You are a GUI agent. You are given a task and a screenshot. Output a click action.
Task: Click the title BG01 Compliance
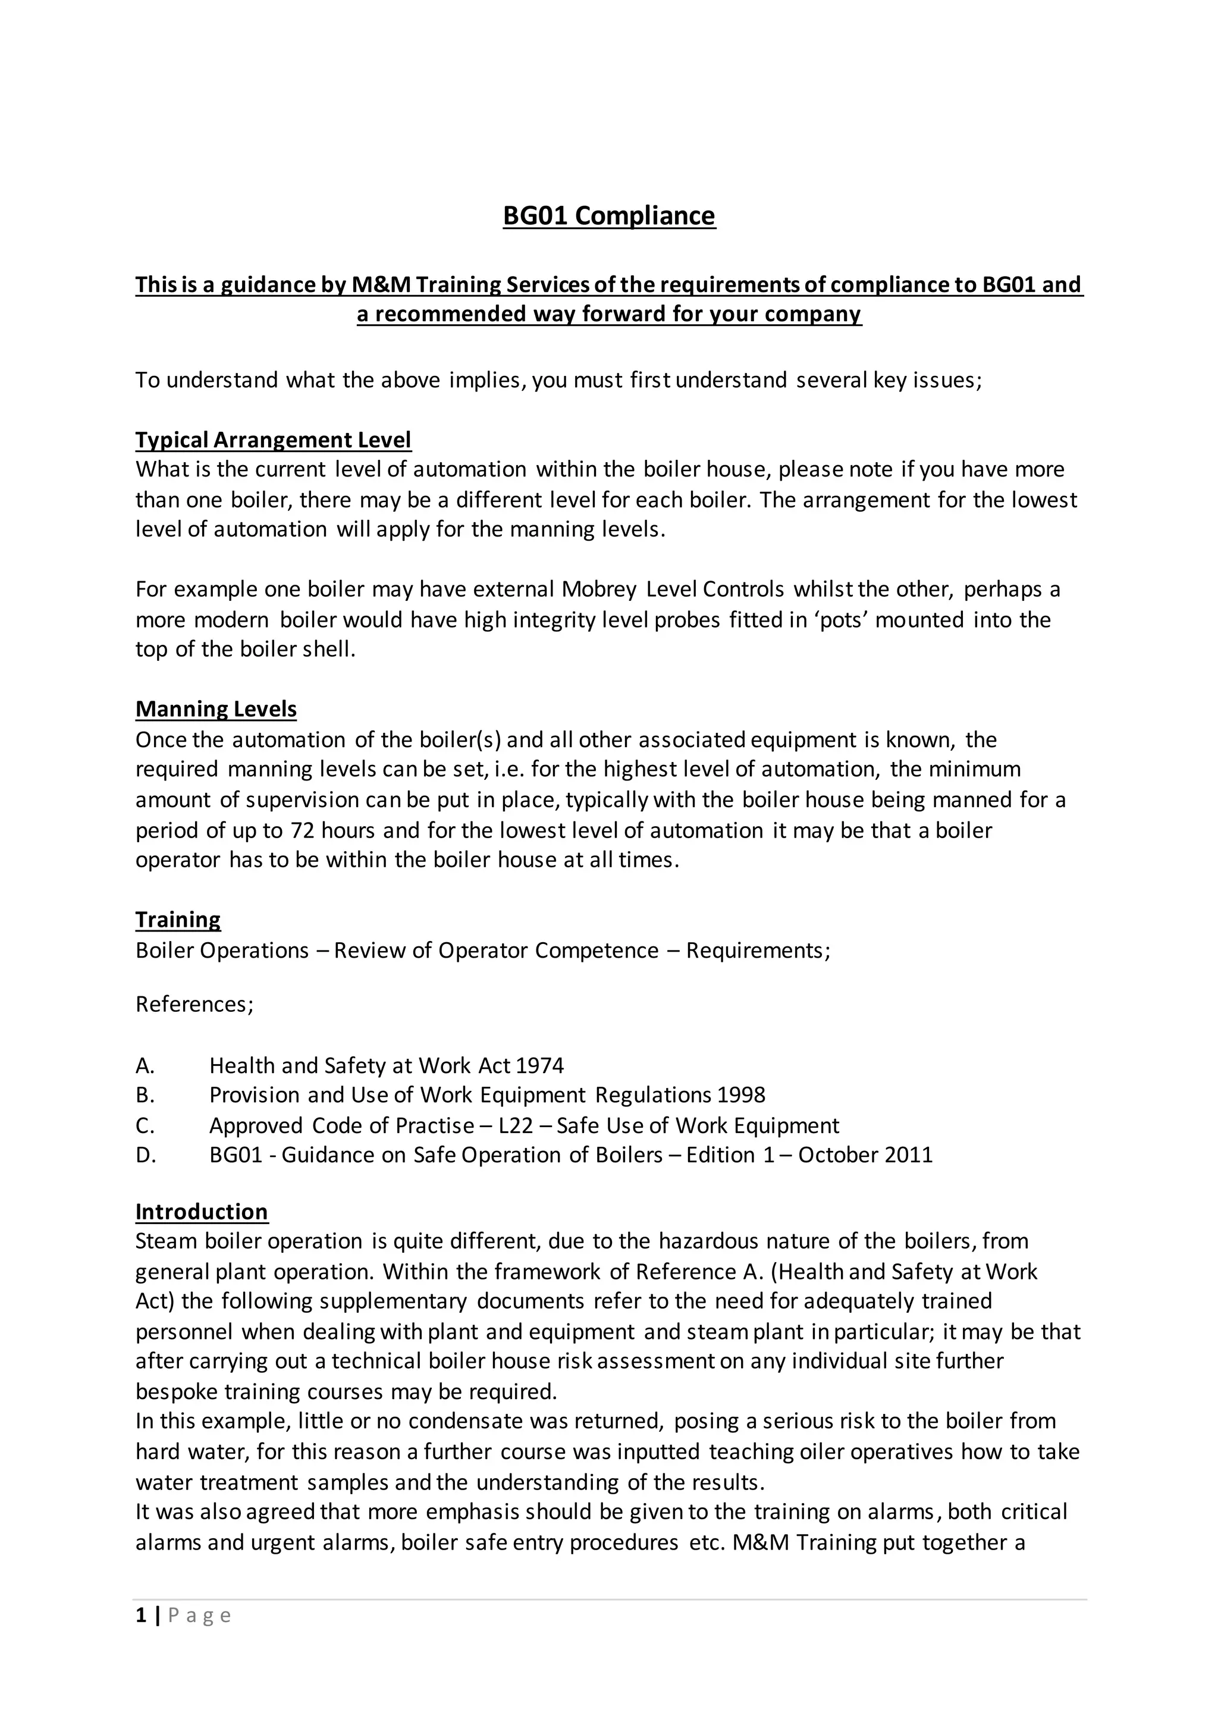click(x=608, y=215)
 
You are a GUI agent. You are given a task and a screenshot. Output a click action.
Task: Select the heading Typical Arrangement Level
click(x=273, y=440)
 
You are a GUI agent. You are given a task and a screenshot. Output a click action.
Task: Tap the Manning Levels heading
click(x=216, y=708)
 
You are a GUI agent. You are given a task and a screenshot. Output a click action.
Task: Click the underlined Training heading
click(x=178, y=920)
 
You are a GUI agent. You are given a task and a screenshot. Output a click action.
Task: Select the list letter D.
click(x=146, y=1155)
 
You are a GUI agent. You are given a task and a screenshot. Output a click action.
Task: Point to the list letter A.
click(x=145, y=1065)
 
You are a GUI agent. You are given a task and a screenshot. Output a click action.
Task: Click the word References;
click(x=194, y=1005)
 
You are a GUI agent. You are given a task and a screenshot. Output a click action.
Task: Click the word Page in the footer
click(x=199, y=1616)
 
